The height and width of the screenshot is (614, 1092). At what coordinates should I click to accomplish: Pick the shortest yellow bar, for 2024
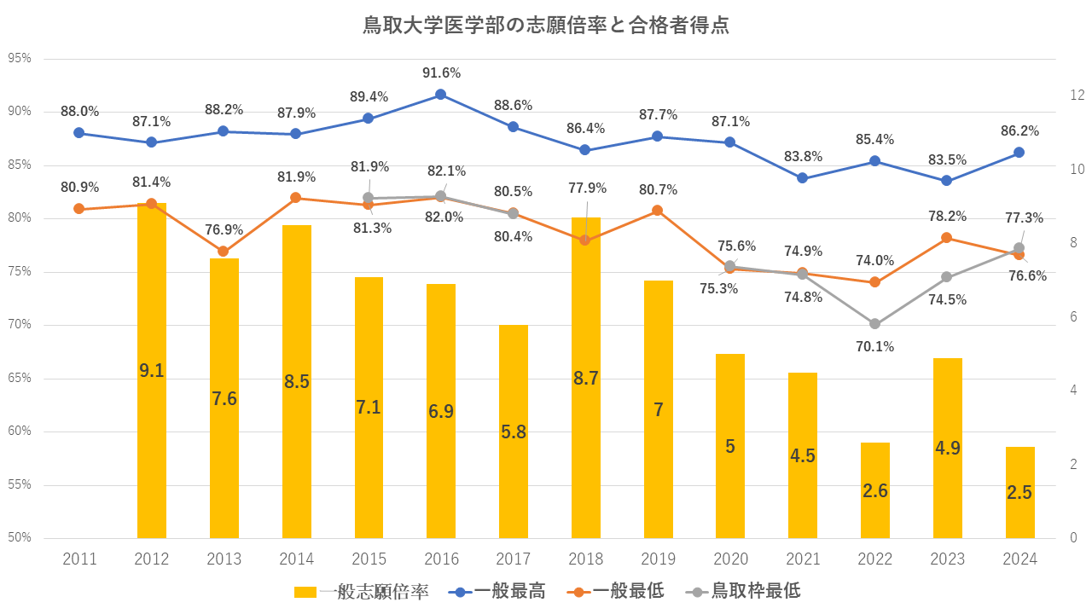click(1019, 512)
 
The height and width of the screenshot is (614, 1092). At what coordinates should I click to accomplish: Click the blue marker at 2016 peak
click(441, 95)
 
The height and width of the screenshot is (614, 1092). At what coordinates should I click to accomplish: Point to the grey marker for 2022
click(874, 324)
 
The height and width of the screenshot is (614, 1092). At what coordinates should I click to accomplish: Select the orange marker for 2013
click(224, 252)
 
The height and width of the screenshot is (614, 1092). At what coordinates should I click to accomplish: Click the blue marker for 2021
click(802, 178)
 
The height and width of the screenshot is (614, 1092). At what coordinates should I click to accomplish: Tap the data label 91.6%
click(441, 73)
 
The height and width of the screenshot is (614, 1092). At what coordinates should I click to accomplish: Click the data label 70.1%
click(874, 346)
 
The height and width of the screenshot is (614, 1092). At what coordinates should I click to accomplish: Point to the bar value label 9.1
click(152, 371)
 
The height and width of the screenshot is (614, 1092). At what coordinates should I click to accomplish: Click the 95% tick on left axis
click(19, 59)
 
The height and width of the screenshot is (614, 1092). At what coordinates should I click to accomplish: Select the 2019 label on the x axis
click(658, 559)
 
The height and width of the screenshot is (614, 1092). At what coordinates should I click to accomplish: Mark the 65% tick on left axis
click(19, 379)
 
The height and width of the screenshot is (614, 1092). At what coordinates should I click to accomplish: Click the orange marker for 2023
click(947, 238)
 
